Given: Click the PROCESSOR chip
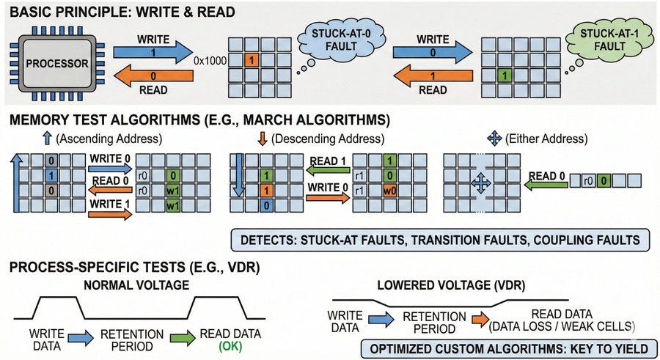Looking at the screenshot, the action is click(56, 64).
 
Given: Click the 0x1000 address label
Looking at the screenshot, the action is click(210, 61).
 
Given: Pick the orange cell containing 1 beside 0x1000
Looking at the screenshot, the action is click(252, 60).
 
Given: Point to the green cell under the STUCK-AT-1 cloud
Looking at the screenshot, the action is click(505, 76).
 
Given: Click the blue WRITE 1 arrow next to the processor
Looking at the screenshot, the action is click(153, 52).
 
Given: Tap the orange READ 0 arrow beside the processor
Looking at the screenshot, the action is click(153, 76).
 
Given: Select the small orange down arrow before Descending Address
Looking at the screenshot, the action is click(263, 139).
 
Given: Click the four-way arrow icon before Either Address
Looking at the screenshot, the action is click(494, 138).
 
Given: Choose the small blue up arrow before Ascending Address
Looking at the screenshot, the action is click(47, 139).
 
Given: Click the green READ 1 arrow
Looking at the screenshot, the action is click(328, 170).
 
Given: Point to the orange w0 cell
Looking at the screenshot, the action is click(390, 191).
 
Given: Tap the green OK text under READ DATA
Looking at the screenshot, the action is click(231, 347).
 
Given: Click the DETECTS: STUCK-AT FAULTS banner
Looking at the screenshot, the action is click(440, 240).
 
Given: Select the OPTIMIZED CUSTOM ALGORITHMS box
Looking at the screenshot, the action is click(508, 349).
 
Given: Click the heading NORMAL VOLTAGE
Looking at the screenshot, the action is click(136, 285).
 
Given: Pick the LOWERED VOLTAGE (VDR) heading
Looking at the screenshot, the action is click(451, 285).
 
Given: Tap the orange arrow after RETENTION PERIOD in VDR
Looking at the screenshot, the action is click(480, 320).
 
